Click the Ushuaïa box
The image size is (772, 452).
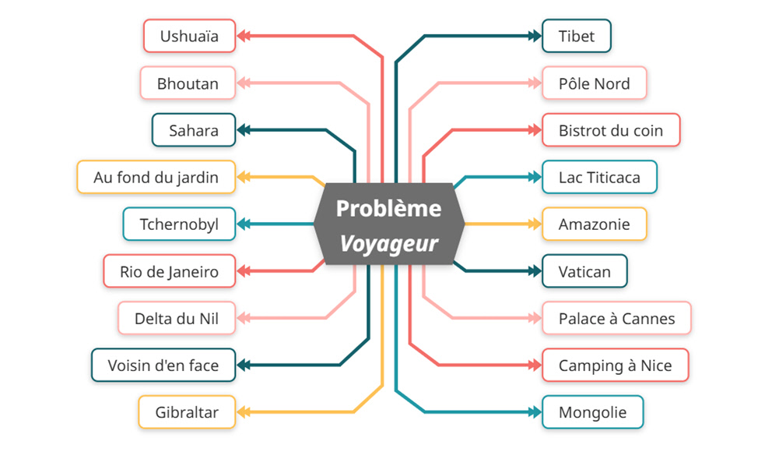[189, 36]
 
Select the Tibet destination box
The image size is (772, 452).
[577, 36]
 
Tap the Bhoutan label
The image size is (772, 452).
[188, 83]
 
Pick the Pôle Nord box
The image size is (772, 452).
[595, 83]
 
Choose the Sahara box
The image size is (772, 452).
[194, 130]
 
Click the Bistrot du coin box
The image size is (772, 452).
[611, 130]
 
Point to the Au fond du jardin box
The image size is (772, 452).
[156, 177]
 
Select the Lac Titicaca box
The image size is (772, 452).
[599, 177]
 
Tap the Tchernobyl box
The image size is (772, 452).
[179, 224]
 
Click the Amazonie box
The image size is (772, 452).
[595, 224]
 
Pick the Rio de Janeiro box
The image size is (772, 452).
[169, 271]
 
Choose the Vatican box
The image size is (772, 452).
[584, 271]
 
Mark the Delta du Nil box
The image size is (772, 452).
[176, 318]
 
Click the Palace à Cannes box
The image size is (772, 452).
[616, 318]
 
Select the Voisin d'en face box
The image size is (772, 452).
[163, 365]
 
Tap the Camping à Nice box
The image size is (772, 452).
[615, 365]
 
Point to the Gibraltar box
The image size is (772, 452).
[187, 412]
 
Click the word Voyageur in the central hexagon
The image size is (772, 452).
[388, 244]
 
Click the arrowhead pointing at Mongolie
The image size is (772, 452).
[535, 412]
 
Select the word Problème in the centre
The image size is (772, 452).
[388, 209]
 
